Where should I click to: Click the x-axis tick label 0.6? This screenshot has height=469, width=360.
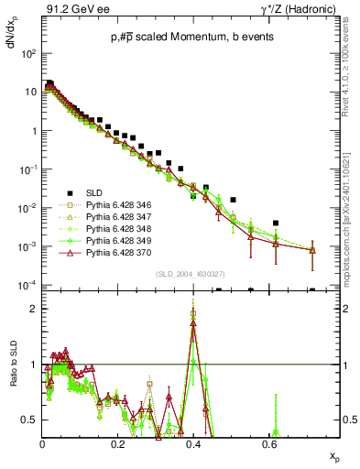pyautogui.click(x=268, y=443)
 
